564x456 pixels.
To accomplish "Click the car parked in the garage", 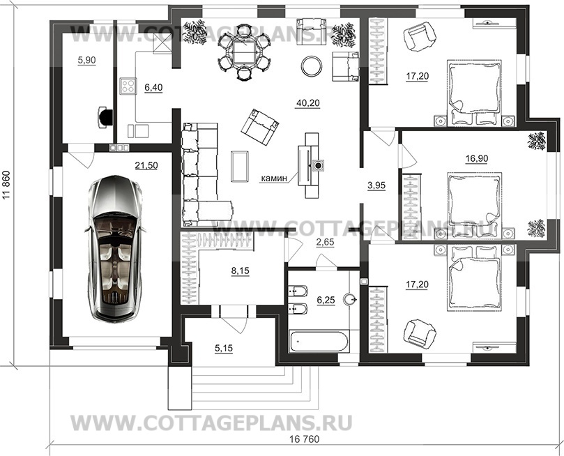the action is (x=115, y=248).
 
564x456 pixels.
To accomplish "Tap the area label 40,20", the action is (x=308, y=104).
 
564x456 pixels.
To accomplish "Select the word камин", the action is (x=275, y=178).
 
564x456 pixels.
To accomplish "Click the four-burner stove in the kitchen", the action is (x=128, y=86).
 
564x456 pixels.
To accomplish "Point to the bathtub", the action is (x=319, y=341).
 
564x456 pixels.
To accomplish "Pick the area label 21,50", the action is (x=146, y=166).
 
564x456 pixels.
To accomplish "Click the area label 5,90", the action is (x=86, y=61).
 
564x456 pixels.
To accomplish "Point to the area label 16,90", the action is (x=476, y=158).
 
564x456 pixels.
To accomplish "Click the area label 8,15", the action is (x=241, y=271).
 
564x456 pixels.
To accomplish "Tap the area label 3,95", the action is (x=376, y=185).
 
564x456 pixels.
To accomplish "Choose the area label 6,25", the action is (x=326, y=301).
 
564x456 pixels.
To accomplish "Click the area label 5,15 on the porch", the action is (x=224, y=348).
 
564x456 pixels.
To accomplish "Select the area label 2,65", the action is (x=325, y=243).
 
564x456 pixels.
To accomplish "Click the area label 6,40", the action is (x=153, y=87).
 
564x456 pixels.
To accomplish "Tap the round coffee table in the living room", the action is (x=312, y=66).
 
